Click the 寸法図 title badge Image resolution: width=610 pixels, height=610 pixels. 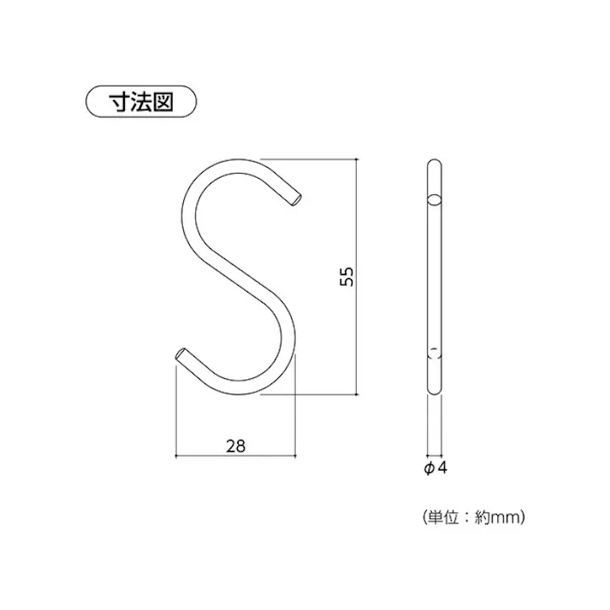pos(141,102)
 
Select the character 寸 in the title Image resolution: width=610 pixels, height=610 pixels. pos(118,102)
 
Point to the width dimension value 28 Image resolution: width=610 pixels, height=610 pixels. pos(236,445)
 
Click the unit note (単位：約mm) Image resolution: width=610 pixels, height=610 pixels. pos(472,517)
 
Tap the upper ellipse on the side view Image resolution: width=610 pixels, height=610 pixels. pos(435,200)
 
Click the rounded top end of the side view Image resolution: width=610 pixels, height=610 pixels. pos(435,163)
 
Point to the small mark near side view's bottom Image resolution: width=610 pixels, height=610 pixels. pos(435,351)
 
